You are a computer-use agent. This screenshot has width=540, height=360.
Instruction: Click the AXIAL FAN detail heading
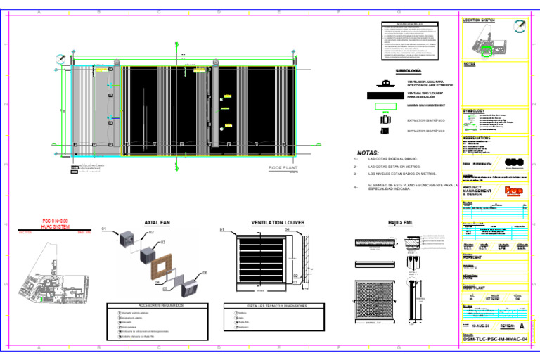click(157, 222)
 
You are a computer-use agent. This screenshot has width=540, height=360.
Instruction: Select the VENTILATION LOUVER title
click(278, 222)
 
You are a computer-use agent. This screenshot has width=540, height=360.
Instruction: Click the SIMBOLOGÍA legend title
click(409, 71)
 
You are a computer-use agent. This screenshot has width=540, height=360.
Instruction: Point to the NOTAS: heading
click(368, 153)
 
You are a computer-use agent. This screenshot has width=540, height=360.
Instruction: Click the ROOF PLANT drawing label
click(283, 169)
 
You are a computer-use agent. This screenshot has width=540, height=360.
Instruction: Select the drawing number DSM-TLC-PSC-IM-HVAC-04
click(494, 339)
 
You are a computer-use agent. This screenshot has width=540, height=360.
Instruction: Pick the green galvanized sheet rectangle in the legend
click(384, 107)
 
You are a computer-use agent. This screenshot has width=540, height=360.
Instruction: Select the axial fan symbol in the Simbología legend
click(384, 82)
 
